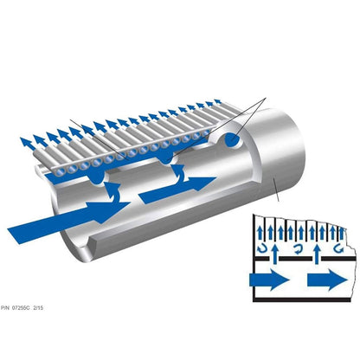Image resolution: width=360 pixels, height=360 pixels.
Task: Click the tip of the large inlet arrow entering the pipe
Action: click(x=130, y=203)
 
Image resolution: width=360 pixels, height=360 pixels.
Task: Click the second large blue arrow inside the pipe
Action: click(x=177, y=190)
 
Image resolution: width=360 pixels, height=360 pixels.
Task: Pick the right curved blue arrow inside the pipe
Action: click(x=179, y=173)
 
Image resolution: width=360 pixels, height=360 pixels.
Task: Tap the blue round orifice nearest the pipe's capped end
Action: click(x=232, y=140)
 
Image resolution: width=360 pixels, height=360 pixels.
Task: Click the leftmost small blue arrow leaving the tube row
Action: click(x=26, y=144)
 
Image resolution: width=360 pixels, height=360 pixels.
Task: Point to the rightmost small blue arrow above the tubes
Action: click(x=218, y=101)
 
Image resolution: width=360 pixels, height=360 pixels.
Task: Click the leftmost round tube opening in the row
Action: click(x=61, y=172)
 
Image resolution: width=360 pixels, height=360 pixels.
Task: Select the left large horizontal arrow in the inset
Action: click(x=269, y=280)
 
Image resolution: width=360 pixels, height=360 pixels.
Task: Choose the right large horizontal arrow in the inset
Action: click(x=327, y=280)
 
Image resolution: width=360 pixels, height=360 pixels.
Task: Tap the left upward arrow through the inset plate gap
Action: click(x=275, y=254)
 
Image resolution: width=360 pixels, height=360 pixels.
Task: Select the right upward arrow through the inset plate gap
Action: click(x=318, y=254)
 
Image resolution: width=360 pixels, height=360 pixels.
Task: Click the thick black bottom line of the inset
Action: click(x=302, y=300)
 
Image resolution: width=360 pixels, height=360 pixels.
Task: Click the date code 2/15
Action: click(x=38, y=308)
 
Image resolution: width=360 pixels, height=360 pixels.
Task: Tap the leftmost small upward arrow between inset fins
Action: click(x=260, y=233)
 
